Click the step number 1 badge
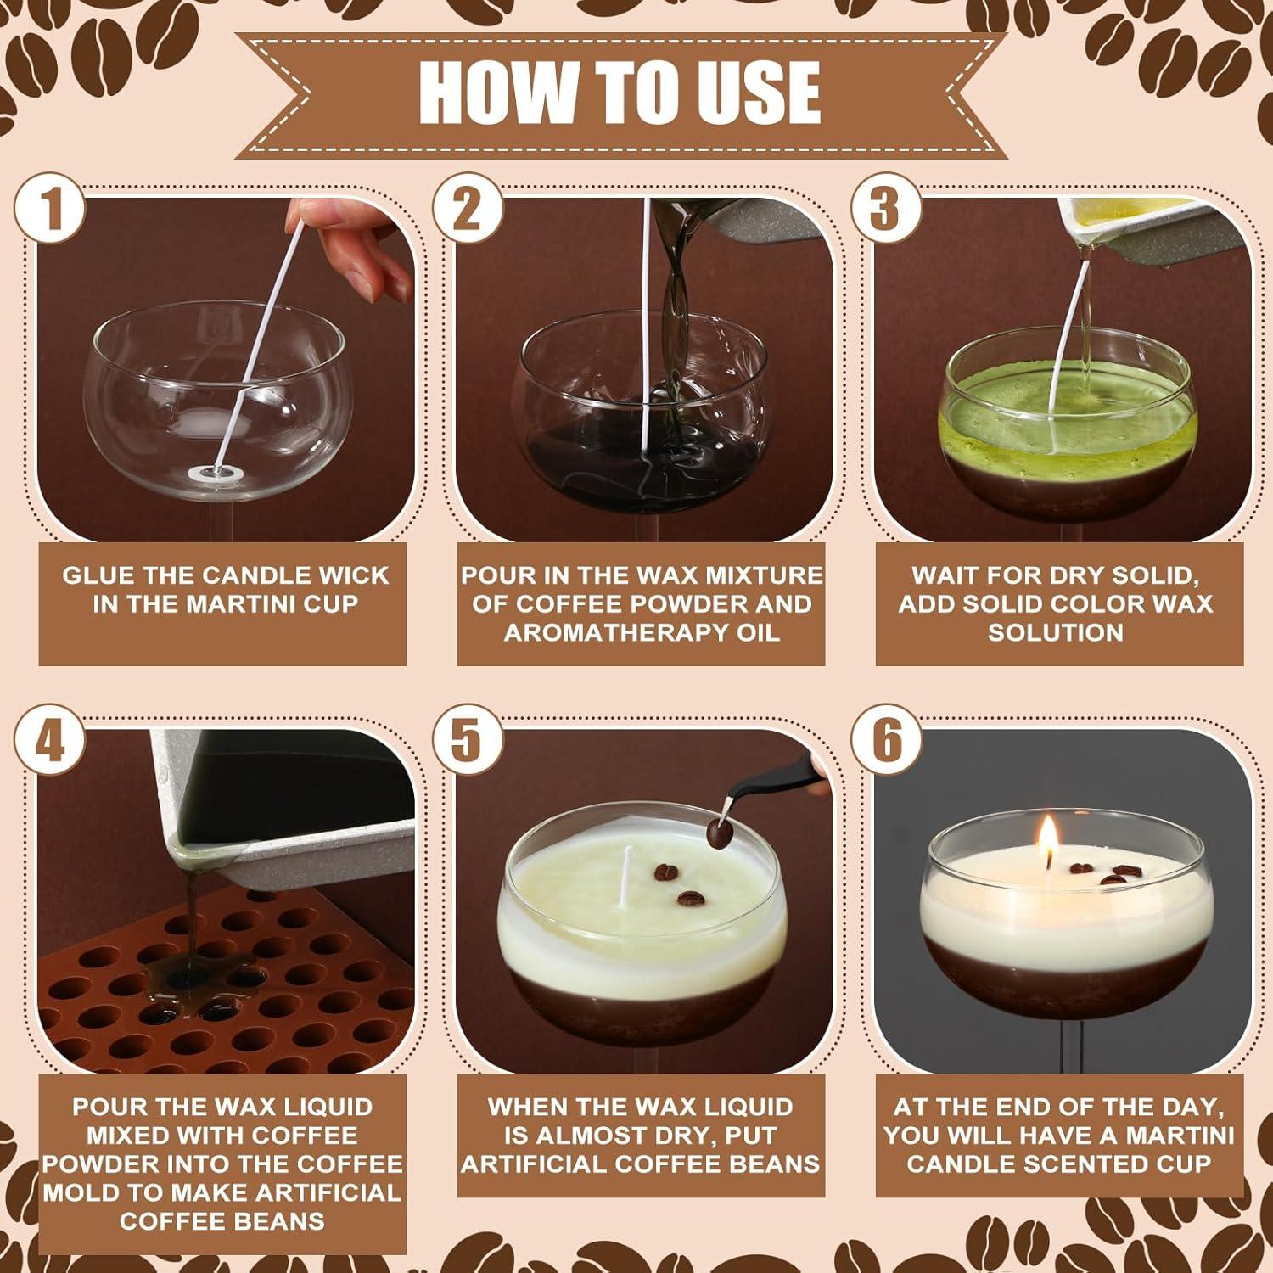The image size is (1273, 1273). [x=50, y=208]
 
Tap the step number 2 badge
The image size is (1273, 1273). [x=468, y=208]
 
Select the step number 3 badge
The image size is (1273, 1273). [x=886, y=208]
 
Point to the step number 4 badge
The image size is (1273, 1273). [x=50, y=739]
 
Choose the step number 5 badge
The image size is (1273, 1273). [x=468, y=739]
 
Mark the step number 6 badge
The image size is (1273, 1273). [x=886, y=739]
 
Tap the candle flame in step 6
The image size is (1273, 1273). [x=1048, y=838]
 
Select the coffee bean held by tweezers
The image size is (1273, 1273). [x=719, y=833]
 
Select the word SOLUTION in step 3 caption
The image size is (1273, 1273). [x=1055, y=633]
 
